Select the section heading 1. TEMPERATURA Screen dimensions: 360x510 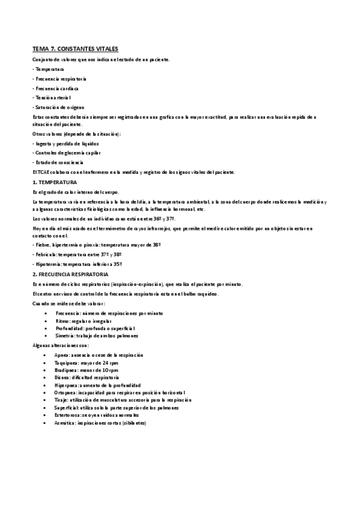(x=54, y=182)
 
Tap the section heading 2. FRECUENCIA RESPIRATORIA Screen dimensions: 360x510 (x=70, y=274)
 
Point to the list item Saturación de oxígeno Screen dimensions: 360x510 (x=59, y=106)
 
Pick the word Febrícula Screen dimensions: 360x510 (x=45, y=255)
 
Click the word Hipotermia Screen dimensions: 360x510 (x=47, y=264)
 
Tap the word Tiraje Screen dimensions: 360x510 (x=61, y=400)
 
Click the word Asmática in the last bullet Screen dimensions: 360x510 (x=64, y=423)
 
